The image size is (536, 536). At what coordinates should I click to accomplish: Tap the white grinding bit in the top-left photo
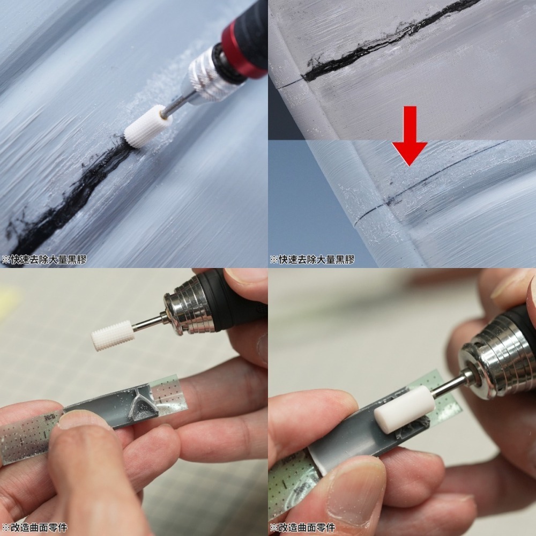pos(148,127)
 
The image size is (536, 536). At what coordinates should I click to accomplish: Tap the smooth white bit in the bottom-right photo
pos(404,410)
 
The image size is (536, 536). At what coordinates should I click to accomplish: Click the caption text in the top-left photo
pos(44,259)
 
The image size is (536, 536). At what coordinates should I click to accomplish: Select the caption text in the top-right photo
pos(312,259)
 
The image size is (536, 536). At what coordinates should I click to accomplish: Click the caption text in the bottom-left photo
pos(35,527)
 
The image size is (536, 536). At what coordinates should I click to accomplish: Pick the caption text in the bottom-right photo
pos(303,527)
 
